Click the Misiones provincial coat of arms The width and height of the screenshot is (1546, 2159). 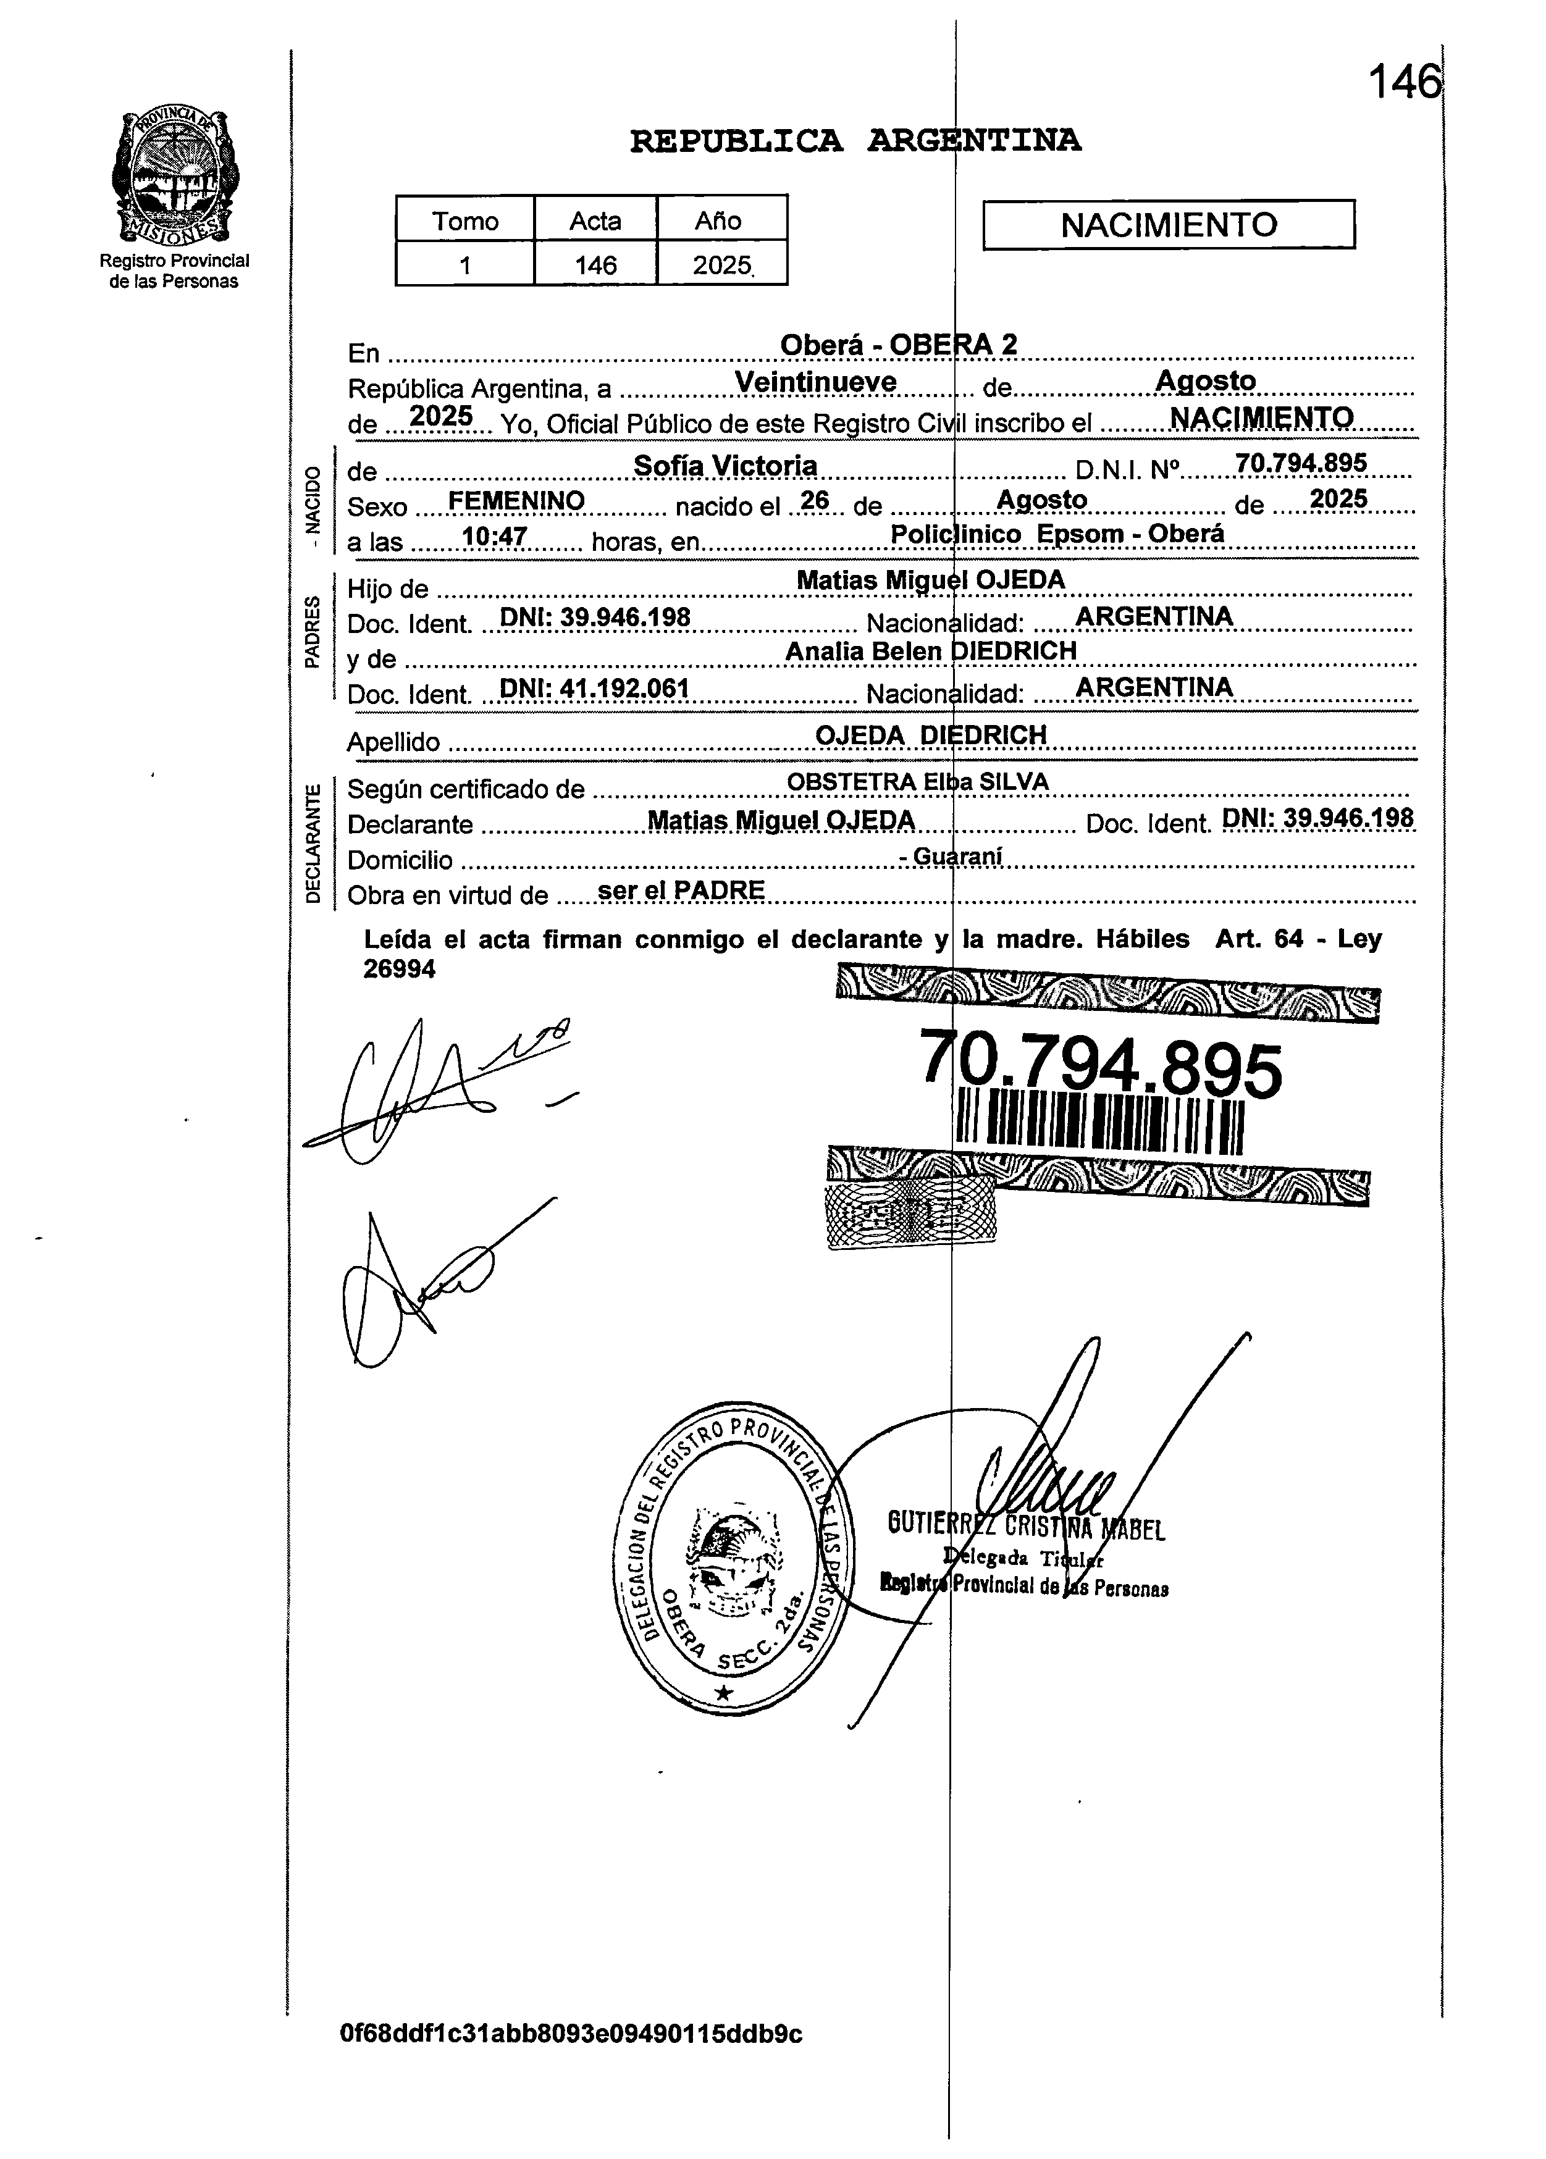(x=175, y=175)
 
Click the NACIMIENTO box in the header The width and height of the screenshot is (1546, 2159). (x=1168, y=225)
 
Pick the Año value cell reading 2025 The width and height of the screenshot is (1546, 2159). (x=721, y=265)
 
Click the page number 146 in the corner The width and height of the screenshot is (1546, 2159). (x=1403, y=82)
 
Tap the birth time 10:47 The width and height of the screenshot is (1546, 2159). (x=494, y=537)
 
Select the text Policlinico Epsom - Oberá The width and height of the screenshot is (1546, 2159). (x=1057, y=534)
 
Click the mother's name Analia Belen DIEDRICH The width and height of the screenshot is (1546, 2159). (x=930, y=651)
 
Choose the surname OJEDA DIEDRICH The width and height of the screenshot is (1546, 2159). (x=930, y=735)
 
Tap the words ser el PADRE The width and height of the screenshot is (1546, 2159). (x=681, y=890)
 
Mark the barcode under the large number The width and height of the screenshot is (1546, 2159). (x=1099, y=1126)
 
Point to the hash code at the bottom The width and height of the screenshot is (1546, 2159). (x=571, y=2034)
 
